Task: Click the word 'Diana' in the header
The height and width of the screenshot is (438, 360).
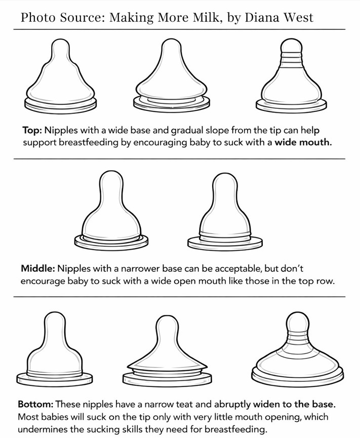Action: coord(262,18)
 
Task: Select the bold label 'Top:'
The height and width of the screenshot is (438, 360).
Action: coord(32,130)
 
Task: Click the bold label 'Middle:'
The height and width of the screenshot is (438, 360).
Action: coord(37,269)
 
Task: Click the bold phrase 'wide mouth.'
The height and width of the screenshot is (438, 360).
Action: coord(303,142)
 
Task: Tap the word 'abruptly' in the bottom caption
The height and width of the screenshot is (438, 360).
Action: coord(232,405)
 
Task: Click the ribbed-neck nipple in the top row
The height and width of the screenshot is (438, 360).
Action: coord(291,74)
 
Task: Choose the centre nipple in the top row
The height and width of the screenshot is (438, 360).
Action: coord(171,75)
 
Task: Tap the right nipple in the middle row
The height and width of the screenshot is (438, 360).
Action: coord(225,211)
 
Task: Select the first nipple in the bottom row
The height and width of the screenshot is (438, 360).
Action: coord(55,349)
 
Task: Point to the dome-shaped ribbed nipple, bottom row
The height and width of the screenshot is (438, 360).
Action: coord(298,349)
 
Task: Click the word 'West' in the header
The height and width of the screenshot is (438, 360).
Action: coord(299,18)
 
